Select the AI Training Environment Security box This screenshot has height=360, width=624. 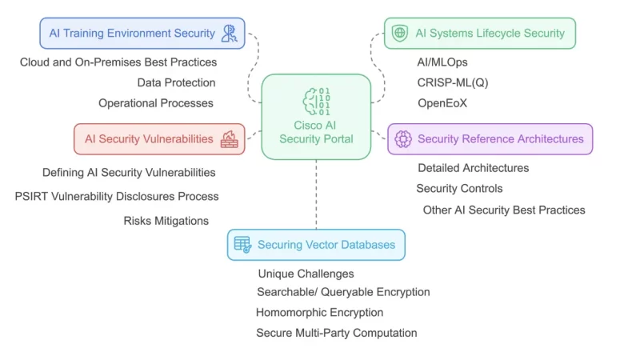(142, 34)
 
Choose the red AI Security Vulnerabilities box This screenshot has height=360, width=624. (159, 138)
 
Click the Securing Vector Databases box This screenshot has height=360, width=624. (316, 245)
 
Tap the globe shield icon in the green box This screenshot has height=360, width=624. (399, 34)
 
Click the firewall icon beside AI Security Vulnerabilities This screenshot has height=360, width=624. (229, 138)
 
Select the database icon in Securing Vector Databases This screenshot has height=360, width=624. (242, 245)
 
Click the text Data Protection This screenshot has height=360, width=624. (176, 82)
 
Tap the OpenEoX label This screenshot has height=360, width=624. (442, 103)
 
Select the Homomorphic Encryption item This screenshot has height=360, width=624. (319, 313)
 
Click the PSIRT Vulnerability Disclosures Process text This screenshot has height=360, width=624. (117, 196)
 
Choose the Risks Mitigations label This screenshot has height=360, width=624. (166, 221)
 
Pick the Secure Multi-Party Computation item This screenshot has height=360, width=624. (336, 333)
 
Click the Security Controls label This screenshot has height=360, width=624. (459, 189)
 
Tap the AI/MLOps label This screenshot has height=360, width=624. (442, 62)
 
